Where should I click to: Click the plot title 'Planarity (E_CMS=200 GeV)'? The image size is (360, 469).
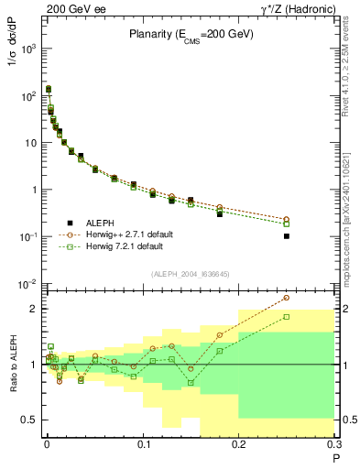click(190, 34)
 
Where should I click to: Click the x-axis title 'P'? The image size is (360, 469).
click(334, 456)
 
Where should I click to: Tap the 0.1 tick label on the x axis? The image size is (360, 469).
click(143, 444)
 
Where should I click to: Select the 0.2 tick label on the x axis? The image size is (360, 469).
click(239, 444)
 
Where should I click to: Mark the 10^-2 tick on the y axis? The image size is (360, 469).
click(29, 284)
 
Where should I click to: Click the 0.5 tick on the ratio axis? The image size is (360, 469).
click(32, 420)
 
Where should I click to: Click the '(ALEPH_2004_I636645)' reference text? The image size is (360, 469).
click(191, 272)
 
